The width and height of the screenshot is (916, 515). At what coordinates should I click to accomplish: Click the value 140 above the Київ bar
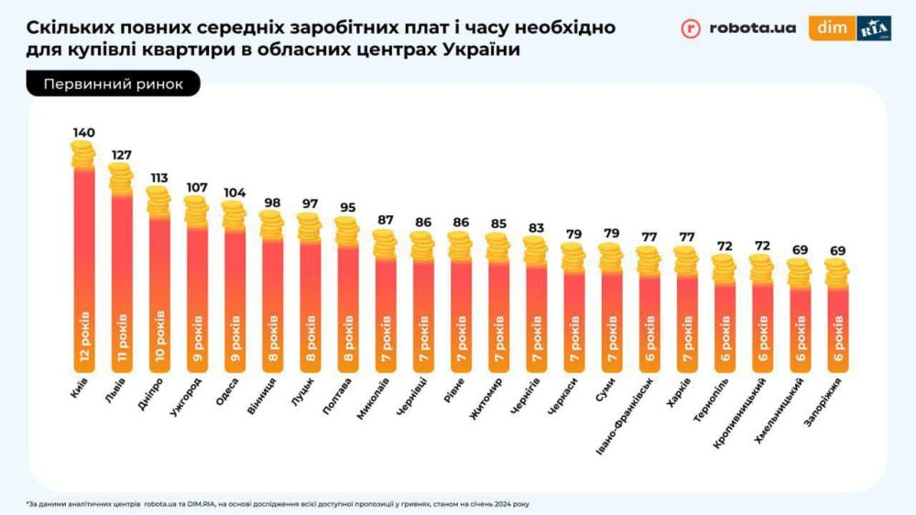point(83,134)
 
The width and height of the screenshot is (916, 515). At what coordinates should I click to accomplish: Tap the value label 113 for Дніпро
point(159,178)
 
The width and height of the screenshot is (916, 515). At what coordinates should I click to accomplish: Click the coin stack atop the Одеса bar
point(234,216)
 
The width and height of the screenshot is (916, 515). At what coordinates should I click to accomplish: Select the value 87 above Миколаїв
point(384,221)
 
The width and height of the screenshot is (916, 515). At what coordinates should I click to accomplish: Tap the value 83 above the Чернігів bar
point(534,227)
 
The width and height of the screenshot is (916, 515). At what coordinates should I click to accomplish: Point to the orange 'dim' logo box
point(832,27)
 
